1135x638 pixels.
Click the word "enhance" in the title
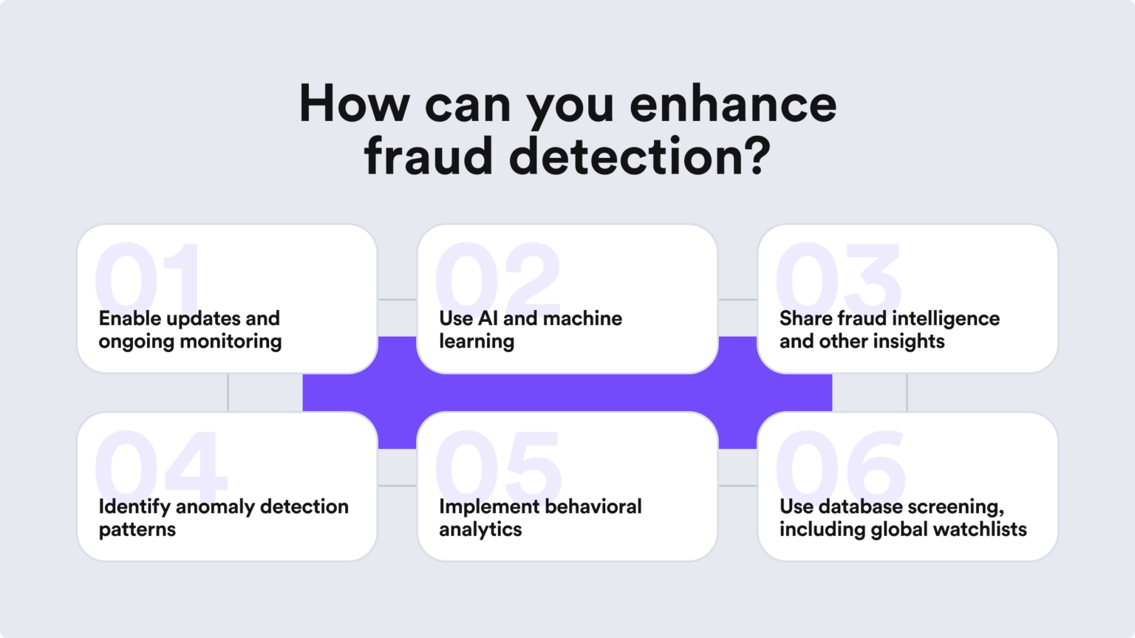click(x=733, y=104)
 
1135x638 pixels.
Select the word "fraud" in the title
click(x=428, y=156)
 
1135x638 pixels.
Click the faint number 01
click(x=148, y=277)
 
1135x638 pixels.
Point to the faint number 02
click(x=497, y=277)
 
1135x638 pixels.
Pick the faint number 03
click(x=838, y=277)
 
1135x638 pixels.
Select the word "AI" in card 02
click(x=488, y=318)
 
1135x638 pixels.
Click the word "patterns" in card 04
click(x=137, y=530)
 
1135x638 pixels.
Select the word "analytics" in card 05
click(x=480, y=530)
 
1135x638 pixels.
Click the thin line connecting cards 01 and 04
click(x=228, y=392)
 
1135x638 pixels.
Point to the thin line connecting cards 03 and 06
click(x=907, y=392)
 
